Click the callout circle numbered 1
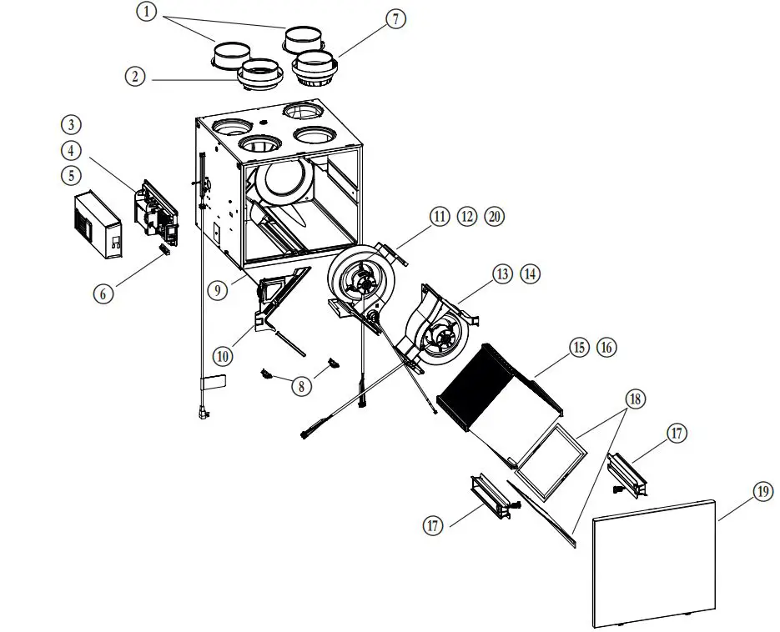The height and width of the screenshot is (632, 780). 147,13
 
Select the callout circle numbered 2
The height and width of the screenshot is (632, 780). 136,77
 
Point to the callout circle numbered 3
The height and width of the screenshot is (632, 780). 71,125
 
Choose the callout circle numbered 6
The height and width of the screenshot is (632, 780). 104,293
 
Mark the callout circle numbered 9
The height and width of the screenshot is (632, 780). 217,291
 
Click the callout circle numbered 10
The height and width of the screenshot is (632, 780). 222,355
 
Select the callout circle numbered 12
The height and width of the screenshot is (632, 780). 467,217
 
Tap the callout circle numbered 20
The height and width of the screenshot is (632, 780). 495,217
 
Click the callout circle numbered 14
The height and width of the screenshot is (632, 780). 531,273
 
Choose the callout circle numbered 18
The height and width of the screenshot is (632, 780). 635,400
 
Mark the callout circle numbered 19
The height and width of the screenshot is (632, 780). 762,492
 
